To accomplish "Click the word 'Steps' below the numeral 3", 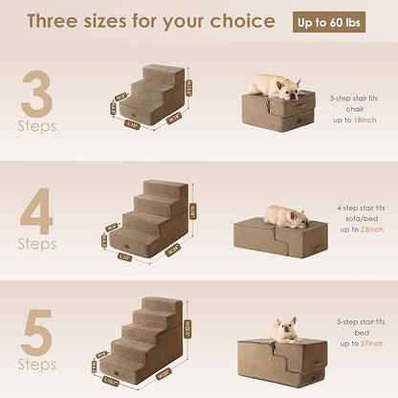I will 36,125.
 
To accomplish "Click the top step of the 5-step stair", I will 164,305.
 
